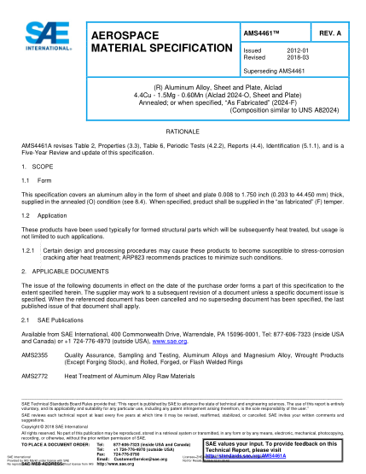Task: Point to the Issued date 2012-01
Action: (283, 51)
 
